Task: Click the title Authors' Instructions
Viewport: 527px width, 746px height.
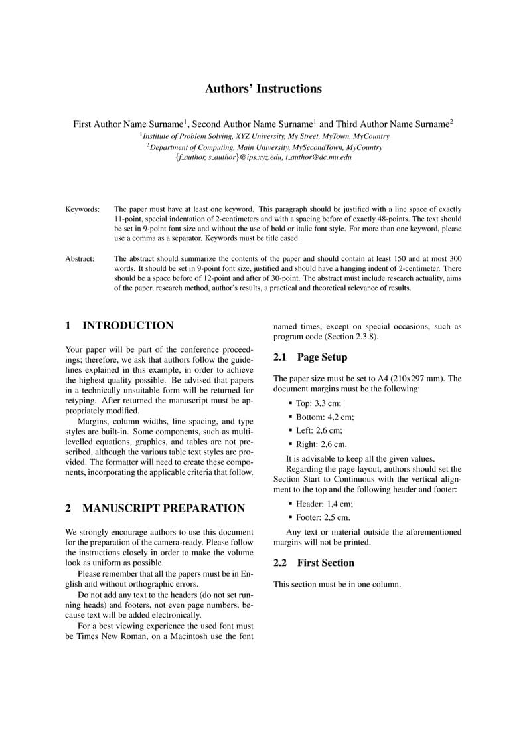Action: click(263, 89)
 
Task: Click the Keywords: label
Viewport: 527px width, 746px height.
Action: click(82, 209)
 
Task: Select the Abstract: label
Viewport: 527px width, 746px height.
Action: click(80, 258)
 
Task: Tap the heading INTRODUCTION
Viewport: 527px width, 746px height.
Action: click(127, 326)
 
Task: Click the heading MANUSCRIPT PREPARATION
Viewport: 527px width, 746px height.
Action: click(163, 508)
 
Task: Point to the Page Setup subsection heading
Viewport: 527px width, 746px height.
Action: click(322, 357)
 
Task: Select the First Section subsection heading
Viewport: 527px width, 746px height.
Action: click(325, 563)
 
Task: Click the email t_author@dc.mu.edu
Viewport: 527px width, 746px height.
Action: click(319, 158)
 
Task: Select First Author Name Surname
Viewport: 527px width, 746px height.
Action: click(127, 124)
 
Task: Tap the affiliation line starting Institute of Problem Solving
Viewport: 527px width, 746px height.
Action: click(265, 136)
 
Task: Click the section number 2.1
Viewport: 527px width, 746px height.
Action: click(280, 357)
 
